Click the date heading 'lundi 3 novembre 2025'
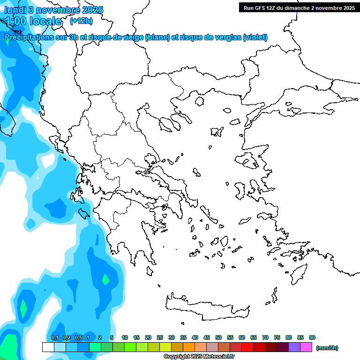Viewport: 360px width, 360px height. coord(53,10)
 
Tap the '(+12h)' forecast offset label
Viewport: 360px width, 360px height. coord(81,21)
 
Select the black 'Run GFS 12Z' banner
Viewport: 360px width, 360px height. coord(299,7)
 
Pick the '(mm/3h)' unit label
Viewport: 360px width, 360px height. coord(327,348)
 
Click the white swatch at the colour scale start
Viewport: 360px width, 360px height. coord(48,347)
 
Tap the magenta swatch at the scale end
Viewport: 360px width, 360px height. coord(306,347)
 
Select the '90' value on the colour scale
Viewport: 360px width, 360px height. coord(312,337)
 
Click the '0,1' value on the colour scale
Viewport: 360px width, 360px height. coord(55,337)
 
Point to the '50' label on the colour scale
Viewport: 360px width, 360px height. coord(218,337)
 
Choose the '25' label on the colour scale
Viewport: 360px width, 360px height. coord(160,337)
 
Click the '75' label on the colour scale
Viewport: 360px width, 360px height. coord(277,337)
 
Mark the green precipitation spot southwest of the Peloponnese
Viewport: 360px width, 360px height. coord(106,279)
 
